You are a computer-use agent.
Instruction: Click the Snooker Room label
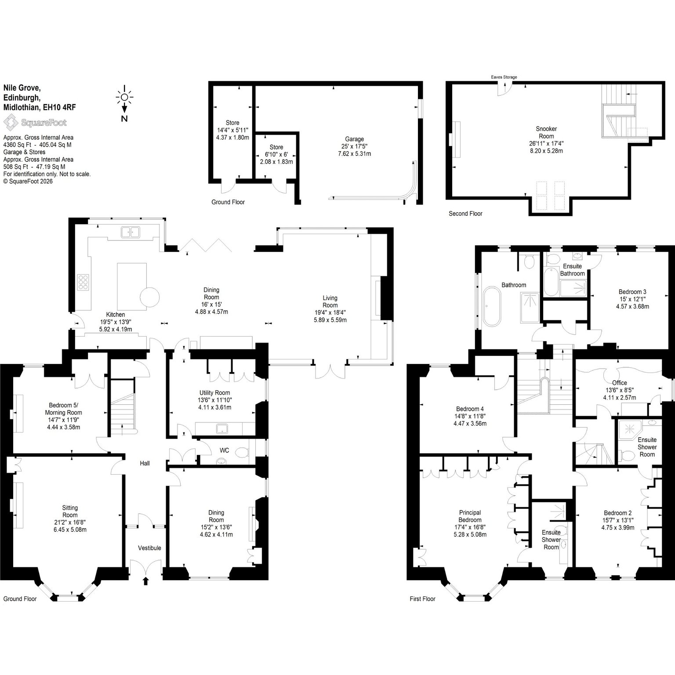coord(546,132)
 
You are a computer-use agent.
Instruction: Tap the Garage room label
coord(354,139)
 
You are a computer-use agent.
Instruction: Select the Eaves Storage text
coord(504,77)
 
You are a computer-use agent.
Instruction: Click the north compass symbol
coord(124,103)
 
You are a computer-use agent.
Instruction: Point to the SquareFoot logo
coord(35,122)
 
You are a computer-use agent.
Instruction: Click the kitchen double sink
coord(131,232)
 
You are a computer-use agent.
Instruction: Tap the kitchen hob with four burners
coord(83,282)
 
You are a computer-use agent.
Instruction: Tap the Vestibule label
coord(149,548)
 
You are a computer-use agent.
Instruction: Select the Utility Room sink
coord(218,428)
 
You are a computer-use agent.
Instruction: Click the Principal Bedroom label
coord(470,516)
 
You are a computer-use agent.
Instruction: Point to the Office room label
coord(619,383)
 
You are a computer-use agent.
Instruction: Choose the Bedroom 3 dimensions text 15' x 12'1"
coord(632,299)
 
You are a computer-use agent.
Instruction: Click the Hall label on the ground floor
coord(145,463)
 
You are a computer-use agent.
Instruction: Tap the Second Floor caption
coord(465,214)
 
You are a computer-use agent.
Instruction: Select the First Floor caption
coord(422,599)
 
